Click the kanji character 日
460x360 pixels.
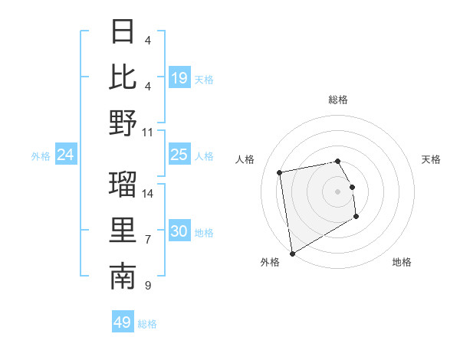[123, 32]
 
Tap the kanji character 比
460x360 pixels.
[123, 77]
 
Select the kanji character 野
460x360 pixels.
[123, 123]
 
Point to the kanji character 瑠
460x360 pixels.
[123, 185]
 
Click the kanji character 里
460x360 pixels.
[123, 230]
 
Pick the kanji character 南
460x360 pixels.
[123, 277]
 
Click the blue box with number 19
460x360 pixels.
[179, 78]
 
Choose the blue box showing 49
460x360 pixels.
[123, 322]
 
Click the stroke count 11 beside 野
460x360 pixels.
[148, 131]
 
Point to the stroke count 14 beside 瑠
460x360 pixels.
[148, 193]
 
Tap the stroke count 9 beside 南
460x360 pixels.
[148, 286]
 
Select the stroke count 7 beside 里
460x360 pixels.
[148, 240]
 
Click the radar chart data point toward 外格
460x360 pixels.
[291, 254]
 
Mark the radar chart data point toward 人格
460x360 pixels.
[280, 172]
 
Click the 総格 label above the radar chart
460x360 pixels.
[338, 100]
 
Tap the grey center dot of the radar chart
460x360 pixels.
[338, 191]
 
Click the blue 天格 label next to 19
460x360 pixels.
[204, 79]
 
